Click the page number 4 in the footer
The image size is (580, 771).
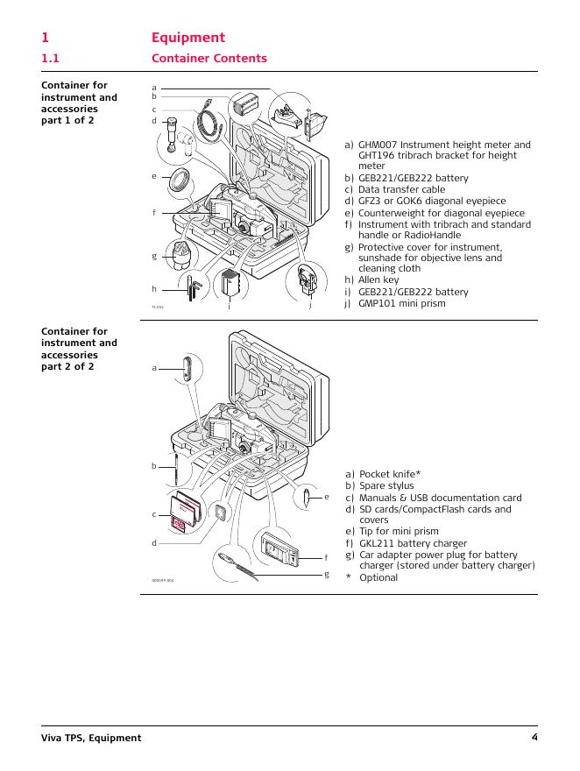click(x=534, y=738)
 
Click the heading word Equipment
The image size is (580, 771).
click(x=187, y=38)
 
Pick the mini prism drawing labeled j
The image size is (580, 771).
click(x=306, y=280)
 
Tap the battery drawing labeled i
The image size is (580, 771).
click(x=231, y=284)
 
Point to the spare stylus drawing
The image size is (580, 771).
click(x=175, y=469)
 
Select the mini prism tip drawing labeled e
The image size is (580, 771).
click(x=306, y=498)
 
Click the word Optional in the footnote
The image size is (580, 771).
click(x=378, y=577)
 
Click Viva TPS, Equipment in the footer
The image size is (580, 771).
click(x=91, y=738)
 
